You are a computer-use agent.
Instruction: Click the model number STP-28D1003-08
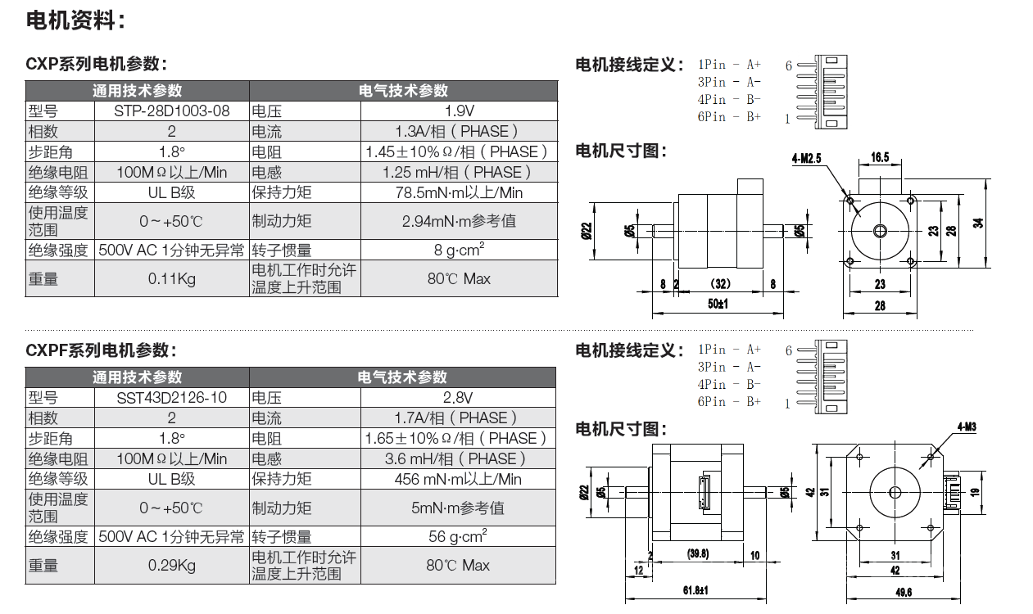[171, 111]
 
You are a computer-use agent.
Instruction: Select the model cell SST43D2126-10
[171, 398]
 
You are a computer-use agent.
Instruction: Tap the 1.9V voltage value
[460, 111]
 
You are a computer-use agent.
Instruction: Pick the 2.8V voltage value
[458, 398]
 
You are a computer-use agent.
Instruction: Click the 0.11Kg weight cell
[171, 279]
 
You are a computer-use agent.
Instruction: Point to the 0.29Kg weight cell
[171, 566]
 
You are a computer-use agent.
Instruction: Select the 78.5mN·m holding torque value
[459, 192]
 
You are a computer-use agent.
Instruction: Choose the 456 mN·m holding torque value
[458, 480]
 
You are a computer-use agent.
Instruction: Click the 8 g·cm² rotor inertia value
[459, 250]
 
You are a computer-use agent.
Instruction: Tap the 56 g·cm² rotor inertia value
[458, 536]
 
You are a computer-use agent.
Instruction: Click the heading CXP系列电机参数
[96, 64]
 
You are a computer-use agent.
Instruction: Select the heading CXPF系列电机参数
[101, 350]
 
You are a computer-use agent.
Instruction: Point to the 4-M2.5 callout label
[807, 159]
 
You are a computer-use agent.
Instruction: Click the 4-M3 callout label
[967, 427]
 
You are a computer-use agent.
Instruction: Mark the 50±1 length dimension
[718, 304]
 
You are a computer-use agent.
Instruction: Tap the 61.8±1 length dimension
[695, 590]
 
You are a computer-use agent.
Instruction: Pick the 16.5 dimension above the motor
[880, 158]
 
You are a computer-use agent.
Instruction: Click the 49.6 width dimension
[904, 593]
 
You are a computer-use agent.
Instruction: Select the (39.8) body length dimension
[698, 553]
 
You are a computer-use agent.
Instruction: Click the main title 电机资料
[75, 20]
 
